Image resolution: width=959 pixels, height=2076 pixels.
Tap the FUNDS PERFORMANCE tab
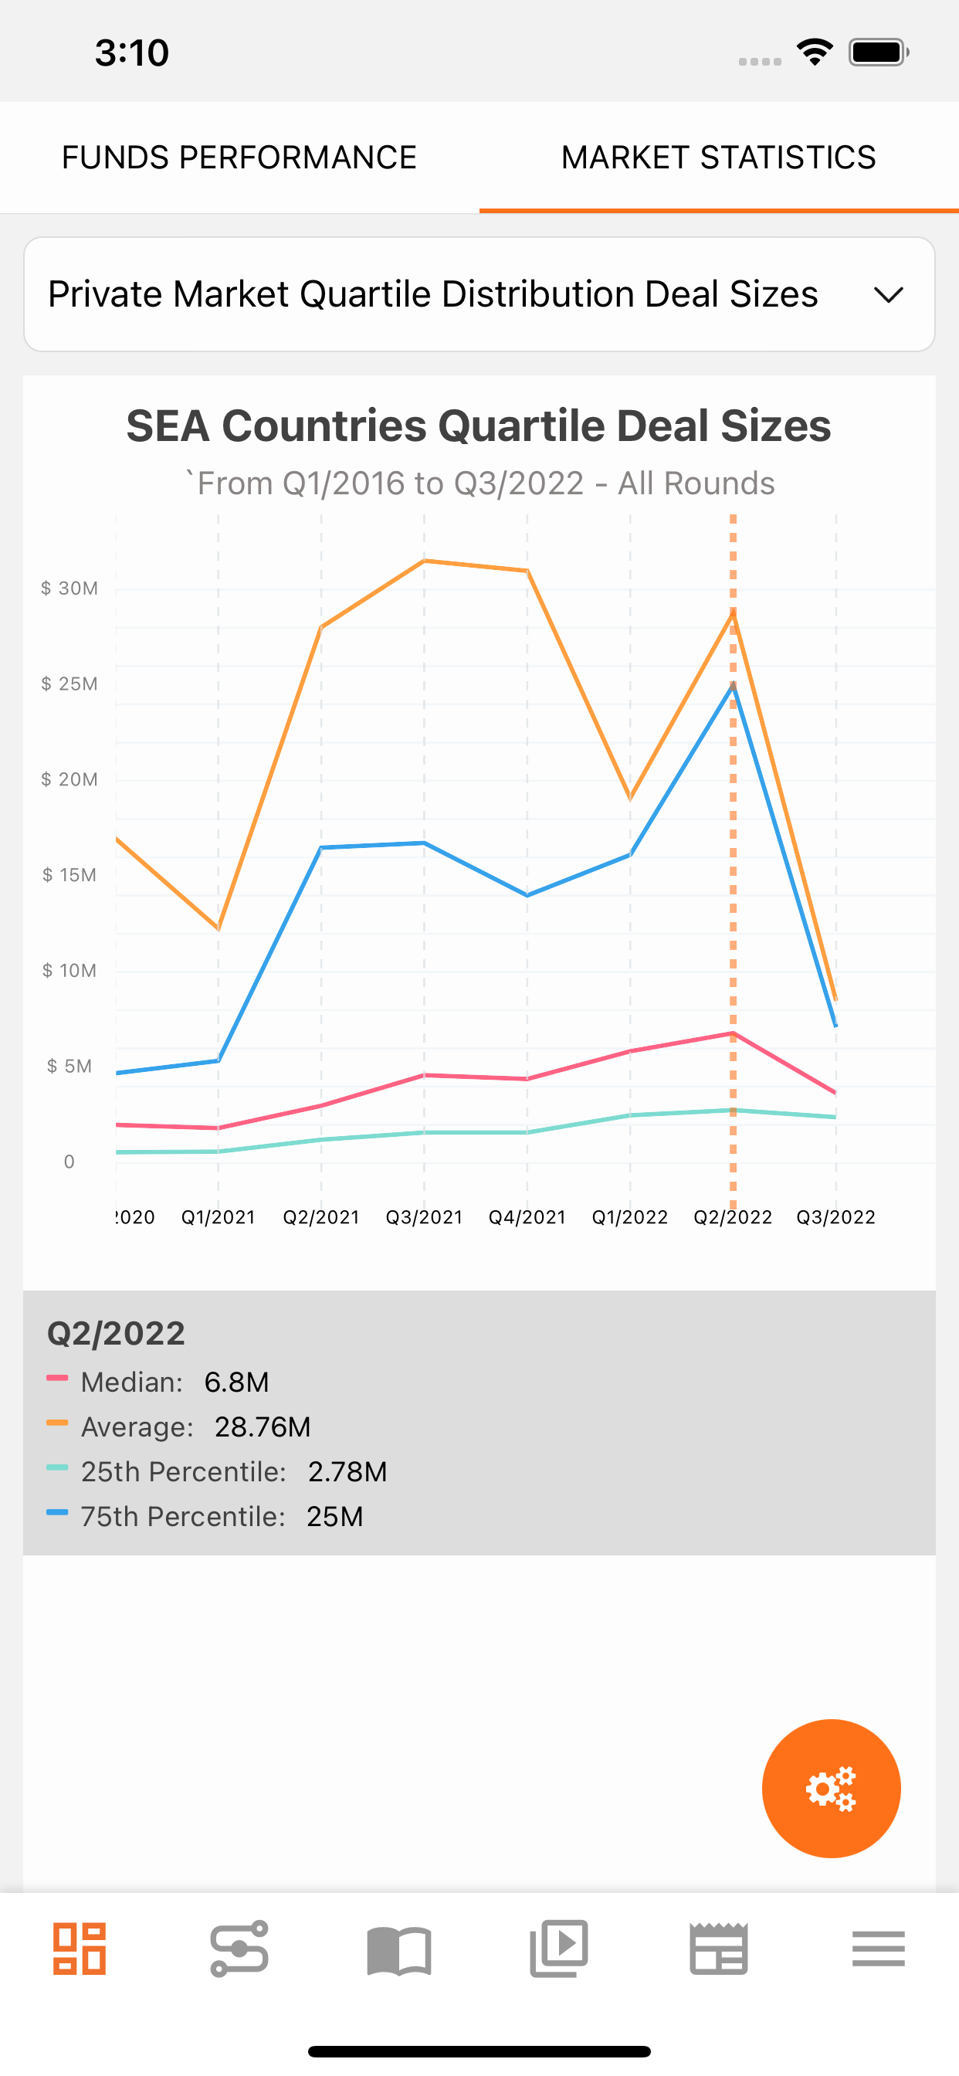click(x=239, y=157)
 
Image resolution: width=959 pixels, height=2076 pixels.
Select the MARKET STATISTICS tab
click(x=719, y=157)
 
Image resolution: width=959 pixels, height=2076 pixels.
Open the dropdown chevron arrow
click(x=888, y=295)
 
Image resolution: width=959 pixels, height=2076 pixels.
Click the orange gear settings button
click(x=831, y=1788)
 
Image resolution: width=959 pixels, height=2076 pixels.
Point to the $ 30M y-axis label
click(x=69, y=589)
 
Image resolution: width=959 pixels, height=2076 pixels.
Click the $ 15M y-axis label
click(x=69, y=875)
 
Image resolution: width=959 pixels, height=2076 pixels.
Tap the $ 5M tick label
click(x=69, y=1067)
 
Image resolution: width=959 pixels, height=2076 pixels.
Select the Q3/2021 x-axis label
click(x=425, y=1217)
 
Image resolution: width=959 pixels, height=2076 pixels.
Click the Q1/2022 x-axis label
click(x=630, y=1217)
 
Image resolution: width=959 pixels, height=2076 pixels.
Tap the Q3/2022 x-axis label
click(x=835, y=1217)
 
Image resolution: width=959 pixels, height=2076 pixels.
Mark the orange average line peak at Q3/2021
click(x=425, y=560)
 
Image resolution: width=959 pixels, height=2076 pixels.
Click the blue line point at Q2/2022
click(x=733, y=684)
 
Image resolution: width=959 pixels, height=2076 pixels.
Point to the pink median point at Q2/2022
click(x=733, y=1033)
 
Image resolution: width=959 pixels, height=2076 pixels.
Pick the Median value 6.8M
click(x=237, y=1382)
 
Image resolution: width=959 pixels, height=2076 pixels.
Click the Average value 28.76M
click(x=263, y=1427)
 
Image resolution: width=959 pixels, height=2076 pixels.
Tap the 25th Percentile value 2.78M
click(x=347, y=1471)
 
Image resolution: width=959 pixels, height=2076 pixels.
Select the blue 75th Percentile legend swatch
click(x=57, y=1513)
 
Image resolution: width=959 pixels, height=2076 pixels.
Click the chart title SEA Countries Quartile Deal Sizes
click(x=479, y=426)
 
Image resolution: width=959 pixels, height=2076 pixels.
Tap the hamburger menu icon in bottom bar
click(x=879, y=1949)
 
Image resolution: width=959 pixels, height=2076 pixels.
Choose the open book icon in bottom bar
click(x=399, y=1950)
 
